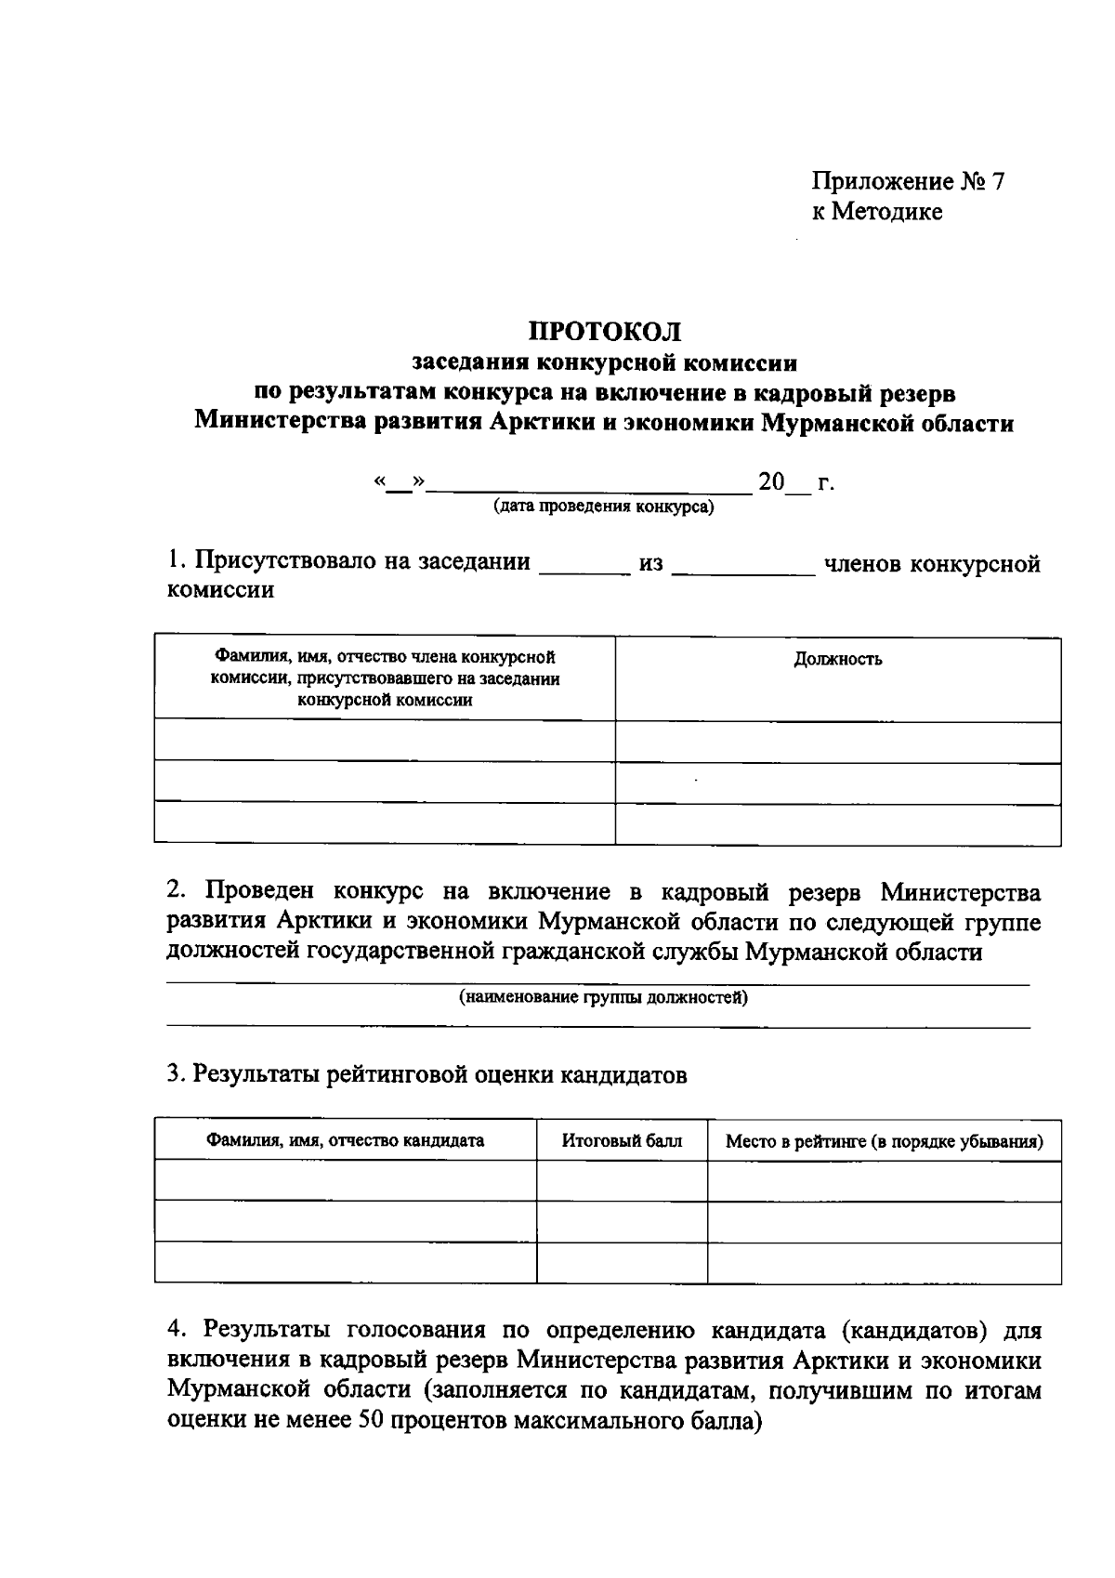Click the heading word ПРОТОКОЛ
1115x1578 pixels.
coord(605,331)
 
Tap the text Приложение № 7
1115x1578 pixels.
coord(908,181)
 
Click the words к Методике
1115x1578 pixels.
coord(877,212)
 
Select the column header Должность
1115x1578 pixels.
coord(837,660)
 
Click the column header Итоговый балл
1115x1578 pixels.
coord(622,1140)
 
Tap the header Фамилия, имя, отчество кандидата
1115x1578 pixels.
coord(345,1140)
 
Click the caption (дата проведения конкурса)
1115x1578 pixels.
coord(604,507)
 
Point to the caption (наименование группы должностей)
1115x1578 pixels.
coord(603,998)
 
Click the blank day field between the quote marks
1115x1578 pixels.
coord(400,483)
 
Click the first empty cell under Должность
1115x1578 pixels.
coord(837,742)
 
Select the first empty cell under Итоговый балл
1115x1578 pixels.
coord(622,1180)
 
